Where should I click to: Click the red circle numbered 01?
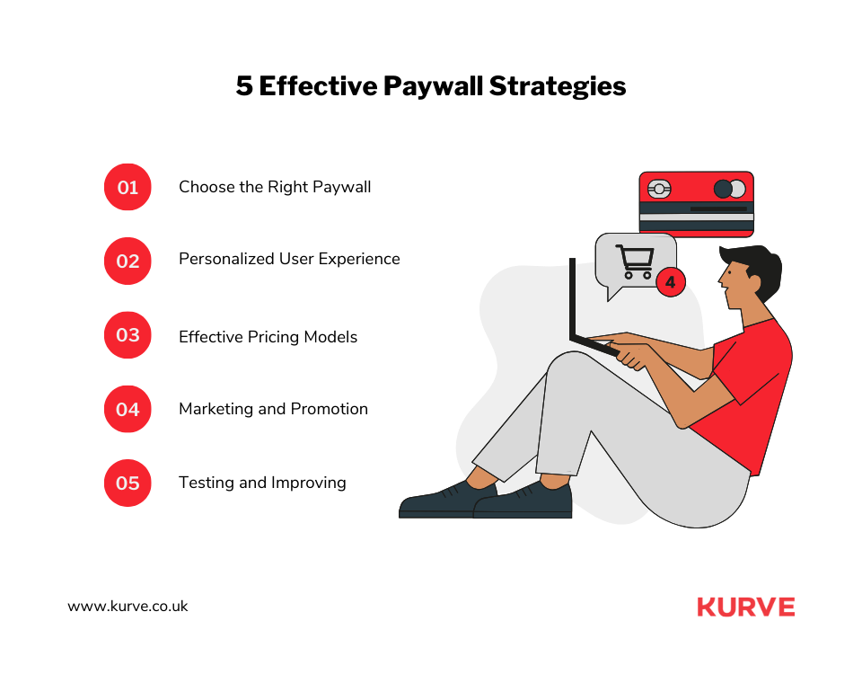(x=128, y=187)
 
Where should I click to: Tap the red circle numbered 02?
(x=128, y=261)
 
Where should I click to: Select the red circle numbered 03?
(x=128, y=335)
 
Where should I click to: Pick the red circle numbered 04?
(x=128, y=409)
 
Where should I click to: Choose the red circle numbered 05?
(x=128, y=483)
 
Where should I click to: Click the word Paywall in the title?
(x=433, y=87)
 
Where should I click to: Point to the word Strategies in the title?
(x=558, y=87)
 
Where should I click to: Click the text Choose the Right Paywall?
(x=275, y=187)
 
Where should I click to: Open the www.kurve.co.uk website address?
(x=128, y=607)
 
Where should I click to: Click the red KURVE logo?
(x=746, y=607)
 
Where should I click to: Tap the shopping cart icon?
(x=636, y=262)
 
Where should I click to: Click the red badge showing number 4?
(x=671, y=282)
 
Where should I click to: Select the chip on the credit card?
(x=659, y=190)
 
